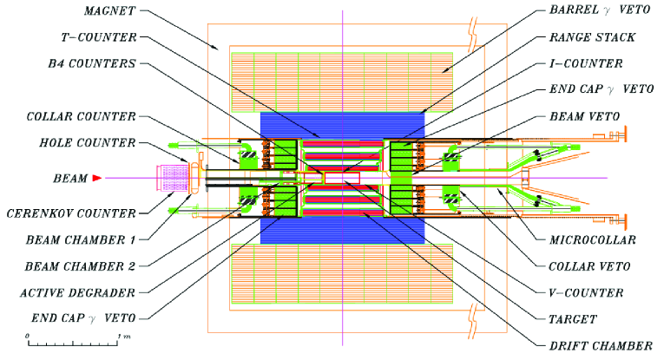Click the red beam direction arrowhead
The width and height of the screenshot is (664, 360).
pos(97,178)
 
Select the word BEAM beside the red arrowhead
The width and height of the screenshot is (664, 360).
pos(69,178)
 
